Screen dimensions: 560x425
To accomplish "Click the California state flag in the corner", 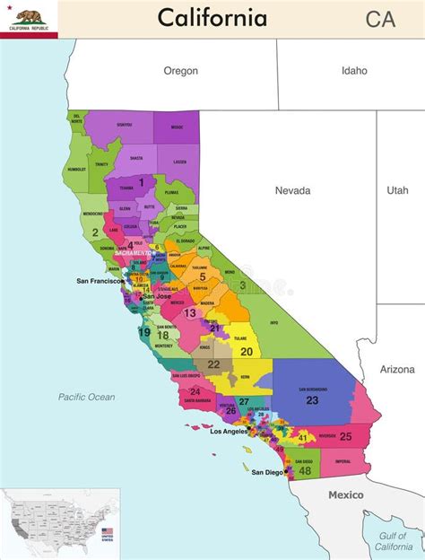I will pyautogui.click(x=29, y=18).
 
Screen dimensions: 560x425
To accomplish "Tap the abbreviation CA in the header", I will pyautogui.click(x=380, y=19).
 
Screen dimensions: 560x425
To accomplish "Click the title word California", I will pyautogui.click(x=212, y=18).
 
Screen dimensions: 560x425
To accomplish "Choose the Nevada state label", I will pyautogui.click(x=292, y=190).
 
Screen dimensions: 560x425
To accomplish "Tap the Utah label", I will pyautogui.click(x=397, y=190).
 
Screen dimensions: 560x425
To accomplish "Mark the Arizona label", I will pyautogui.click(x=397, y=369).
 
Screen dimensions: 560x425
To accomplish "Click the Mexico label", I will pyautogui.click(x=345, y=494).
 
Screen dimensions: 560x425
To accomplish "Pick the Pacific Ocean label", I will pyautogui.click(x=87, y=396).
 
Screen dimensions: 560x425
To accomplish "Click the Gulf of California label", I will pyautogui.click(x=394, y=541).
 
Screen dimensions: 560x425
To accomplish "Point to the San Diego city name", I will pyautogui.click(x=268, y=472).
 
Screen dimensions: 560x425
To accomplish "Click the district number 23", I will pyautogui.click(x=312, y=400).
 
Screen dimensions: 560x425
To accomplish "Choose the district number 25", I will pyautogui.click(x=345, y=436).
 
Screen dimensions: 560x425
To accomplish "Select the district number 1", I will pyautogui.click(x=140, y=182).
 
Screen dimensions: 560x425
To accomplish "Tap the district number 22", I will pyautogui.click(x=213, y=364).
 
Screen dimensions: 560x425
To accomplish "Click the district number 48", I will pyautogui.click(x=306, y=470).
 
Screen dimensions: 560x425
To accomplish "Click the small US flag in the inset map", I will pyautogui.click(x=108, y=535).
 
